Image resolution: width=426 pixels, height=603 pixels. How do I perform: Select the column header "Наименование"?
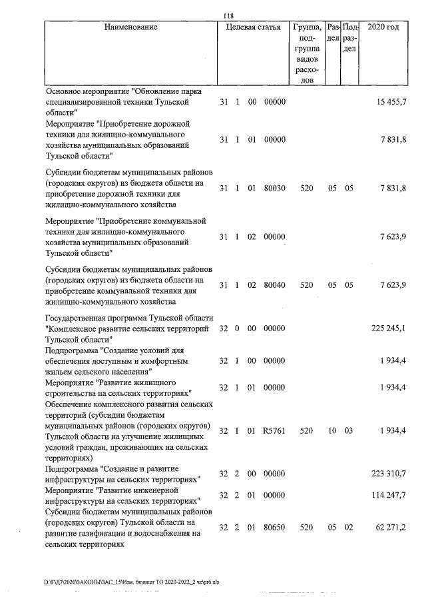131,27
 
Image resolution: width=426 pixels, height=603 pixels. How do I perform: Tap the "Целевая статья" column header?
253,27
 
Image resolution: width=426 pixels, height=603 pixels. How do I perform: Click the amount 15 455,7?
391,102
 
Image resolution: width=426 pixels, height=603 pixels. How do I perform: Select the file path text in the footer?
131,582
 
